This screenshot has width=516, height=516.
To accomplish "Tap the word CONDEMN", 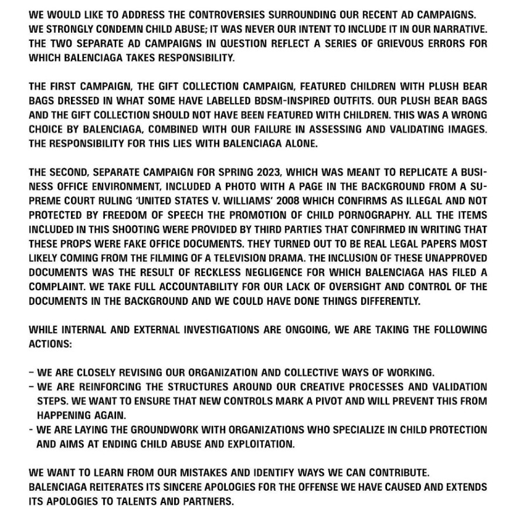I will pyautogui.click(x=127, y=29).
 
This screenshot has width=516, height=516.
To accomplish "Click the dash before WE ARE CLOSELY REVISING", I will pyautogui.click(x=31, y=372).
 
